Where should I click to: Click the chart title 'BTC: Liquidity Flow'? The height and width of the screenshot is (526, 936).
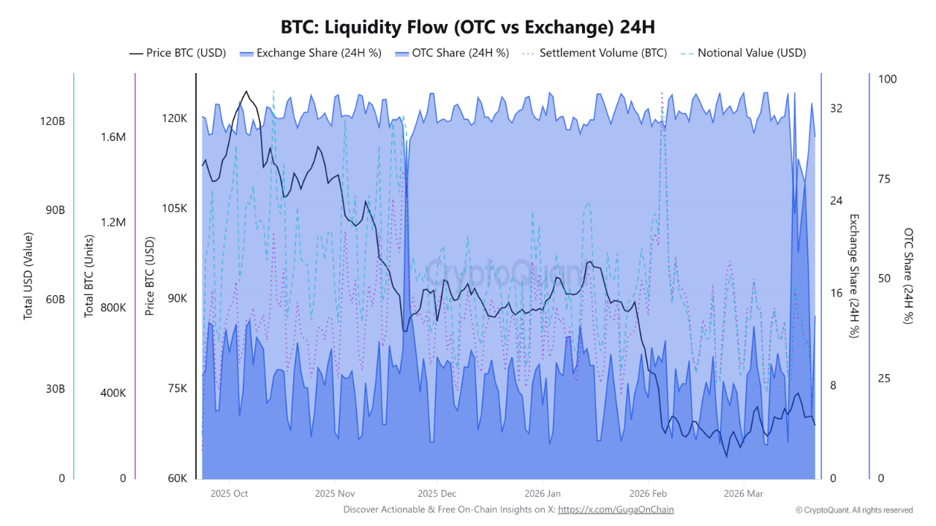click(x=467, y=27)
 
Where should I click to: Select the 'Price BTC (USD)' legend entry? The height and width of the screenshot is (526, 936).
click(x=178, y=53)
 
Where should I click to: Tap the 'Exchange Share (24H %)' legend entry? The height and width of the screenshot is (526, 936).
click(x=310, y=53)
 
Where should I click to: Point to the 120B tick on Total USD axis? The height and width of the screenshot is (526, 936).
click(x=53, y=121)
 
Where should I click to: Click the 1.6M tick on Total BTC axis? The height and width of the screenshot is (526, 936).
click(x=113, y=137)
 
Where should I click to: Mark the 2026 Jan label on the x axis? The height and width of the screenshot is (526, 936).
click(x=543, y=494)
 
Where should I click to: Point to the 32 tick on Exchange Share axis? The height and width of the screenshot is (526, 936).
click(x=837, y=109)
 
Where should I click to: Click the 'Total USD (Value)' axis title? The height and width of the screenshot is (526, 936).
click(x=29, y=275)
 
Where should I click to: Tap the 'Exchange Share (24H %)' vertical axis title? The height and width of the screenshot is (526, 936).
click(x=853, y=275)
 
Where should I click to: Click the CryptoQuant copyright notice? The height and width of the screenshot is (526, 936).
click(x=854, y=510)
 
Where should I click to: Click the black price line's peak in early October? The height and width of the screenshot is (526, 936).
click(x=246, y=91)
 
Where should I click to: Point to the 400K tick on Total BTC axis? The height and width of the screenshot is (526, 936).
click(x=113, y=393)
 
